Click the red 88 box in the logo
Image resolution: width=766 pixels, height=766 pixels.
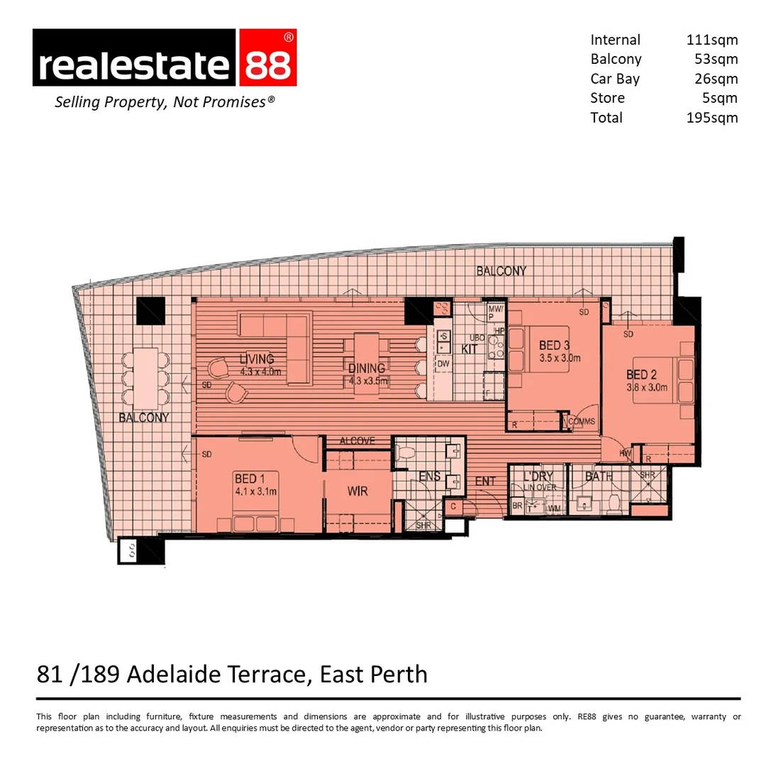coord(268,58)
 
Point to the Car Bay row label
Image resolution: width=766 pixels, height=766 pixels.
coord(614,79)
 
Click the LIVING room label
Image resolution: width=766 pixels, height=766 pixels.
coord(256,359)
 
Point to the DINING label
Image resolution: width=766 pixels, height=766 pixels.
coord(366,368)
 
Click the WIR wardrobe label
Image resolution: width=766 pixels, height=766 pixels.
coord(357,491)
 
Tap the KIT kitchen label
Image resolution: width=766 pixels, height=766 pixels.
coord(470,350)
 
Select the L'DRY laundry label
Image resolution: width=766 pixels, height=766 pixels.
coord(538,476)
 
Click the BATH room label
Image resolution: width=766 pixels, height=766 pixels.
coord(599,477)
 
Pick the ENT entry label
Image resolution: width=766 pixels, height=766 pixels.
coord(485,482)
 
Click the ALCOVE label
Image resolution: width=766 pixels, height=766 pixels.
coord(357,440)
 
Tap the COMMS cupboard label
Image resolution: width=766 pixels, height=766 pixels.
coord(582,421)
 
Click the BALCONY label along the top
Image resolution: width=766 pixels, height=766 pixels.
coord(501,271)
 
